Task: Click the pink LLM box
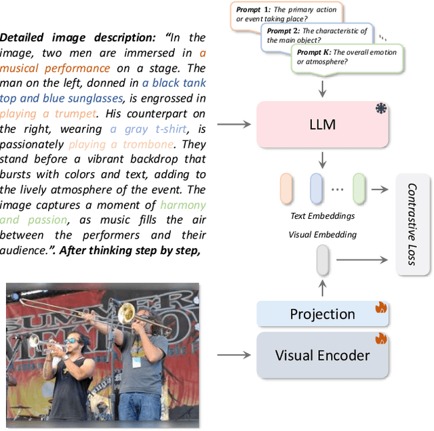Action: coord(321,125)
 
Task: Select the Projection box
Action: coord(322,314)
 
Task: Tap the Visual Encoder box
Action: coord(322,355)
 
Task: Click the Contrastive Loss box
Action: coord(414,223)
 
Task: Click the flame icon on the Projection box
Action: coord(380,308)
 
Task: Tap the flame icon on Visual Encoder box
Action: coord(380,338)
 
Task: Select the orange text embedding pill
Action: coord(287,188)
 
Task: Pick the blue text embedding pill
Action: coord(317,188)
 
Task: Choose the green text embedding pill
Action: coord(359,188)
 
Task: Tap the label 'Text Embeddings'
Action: coord(321,216)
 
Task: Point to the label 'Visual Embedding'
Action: coord(321,234)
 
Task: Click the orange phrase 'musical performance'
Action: coord(55,68)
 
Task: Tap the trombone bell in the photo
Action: coord(126,312)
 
